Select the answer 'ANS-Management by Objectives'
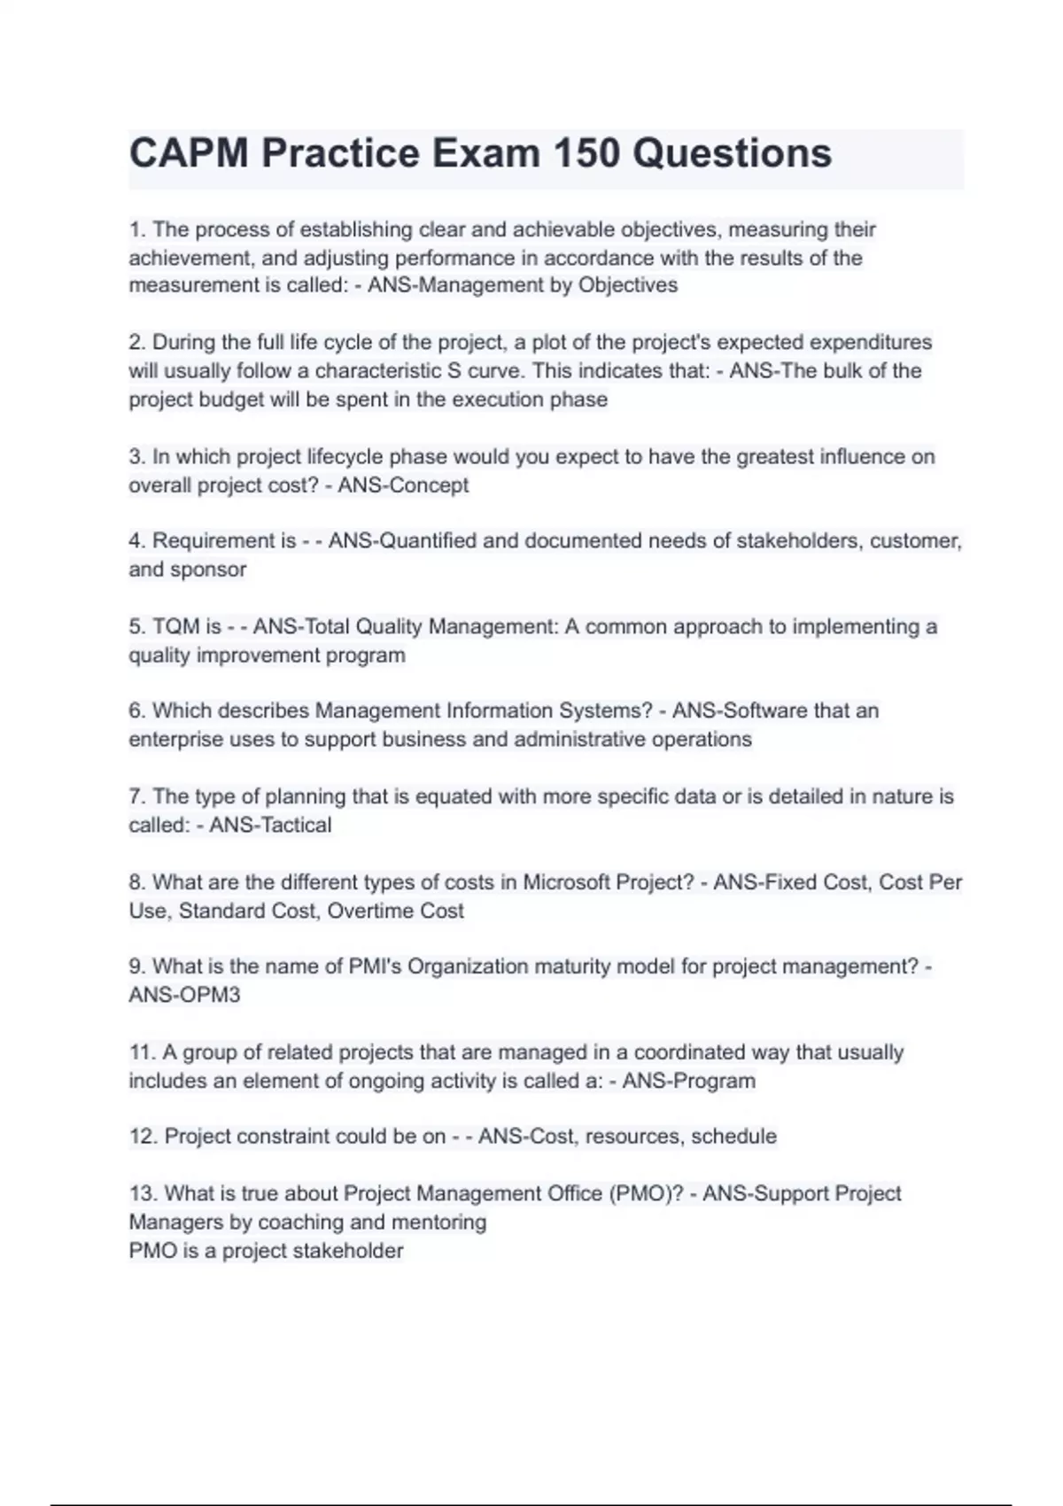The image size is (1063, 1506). click(523, 285)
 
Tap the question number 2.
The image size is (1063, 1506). click(136, 342)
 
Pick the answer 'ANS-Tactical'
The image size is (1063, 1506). click(270, 825)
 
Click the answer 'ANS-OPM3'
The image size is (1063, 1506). click(184, 995)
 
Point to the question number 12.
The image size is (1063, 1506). click(143, 1137)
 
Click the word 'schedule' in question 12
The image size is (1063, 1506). click(733, 1137)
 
